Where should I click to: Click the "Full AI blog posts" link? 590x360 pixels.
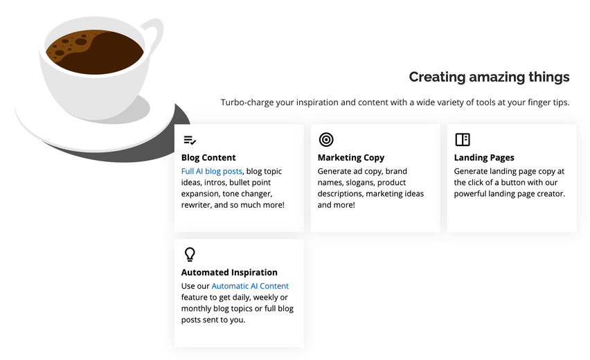pyautogui.click(x=211, y=171)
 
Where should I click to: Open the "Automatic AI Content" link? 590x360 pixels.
pyautogui.click(x=250, y=286)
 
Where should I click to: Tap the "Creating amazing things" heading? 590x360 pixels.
pyautogui.click(x=489, y=77)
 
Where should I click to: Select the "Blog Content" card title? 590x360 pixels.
pyautogui.click(x=208, y=158)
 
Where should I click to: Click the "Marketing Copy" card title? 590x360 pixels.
pyautogui.click(x=350, y=158)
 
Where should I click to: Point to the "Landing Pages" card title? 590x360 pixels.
pyautogui.click(x=484, y=158)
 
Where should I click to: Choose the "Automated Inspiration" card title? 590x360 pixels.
pyautogui.click(x=229, y=272)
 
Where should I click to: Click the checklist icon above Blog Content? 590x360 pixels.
pyautogui.click(x=190, y=140)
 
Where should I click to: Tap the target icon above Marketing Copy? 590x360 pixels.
pyautogui.click(x=326, y=140)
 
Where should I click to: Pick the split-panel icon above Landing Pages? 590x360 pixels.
pyautogui.click(x=463, y=140)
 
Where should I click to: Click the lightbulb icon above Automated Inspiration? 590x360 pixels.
pyautogui.click(x=190, y=254)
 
